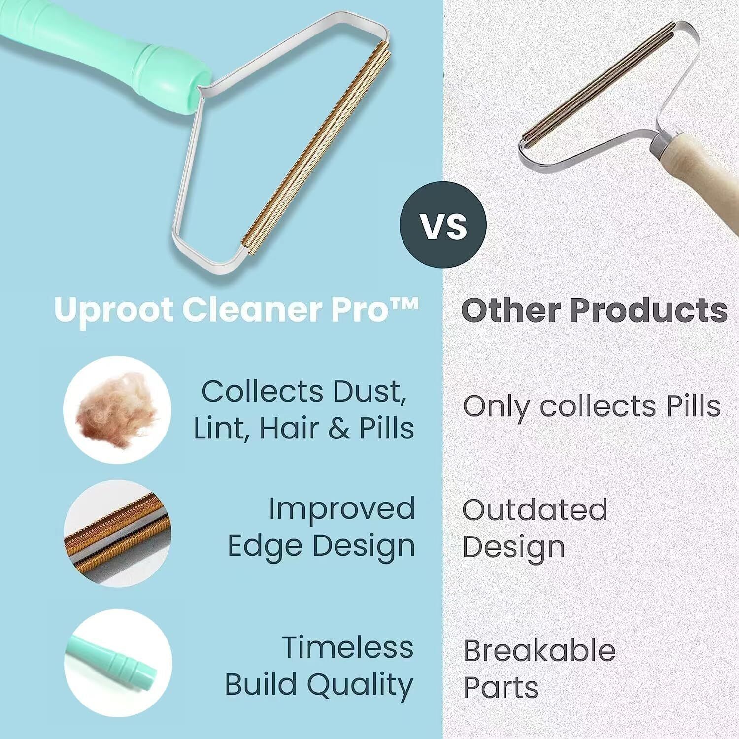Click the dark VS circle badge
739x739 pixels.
pos(443,225)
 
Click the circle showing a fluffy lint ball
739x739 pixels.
pos(117,409)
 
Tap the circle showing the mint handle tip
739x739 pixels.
pos(117,663)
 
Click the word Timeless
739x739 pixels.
pos(348,647)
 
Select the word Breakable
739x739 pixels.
pos(539,650)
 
